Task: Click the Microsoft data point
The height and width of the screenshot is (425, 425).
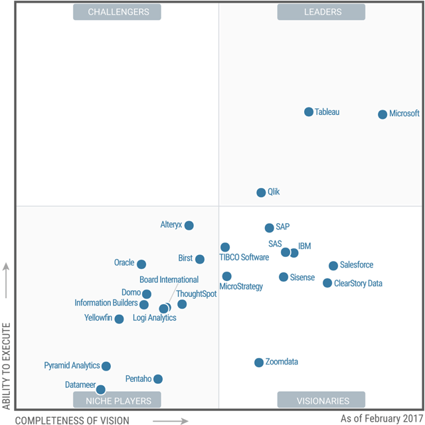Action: point(382,114)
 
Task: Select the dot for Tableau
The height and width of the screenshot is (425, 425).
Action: point(309,112)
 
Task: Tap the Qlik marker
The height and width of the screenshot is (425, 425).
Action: point(261,193)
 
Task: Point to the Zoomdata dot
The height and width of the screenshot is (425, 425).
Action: point(259,363)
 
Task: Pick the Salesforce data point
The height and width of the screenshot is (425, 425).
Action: point(333,266)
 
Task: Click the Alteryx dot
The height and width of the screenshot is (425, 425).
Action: point(189,226)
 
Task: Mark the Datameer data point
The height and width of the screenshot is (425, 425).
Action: point(101,390)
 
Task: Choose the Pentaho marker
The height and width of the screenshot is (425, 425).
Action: point(158,379)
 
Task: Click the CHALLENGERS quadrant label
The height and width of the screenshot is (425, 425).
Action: point(119,12)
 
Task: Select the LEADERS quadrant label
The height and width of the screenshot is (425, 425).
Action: point(321,12)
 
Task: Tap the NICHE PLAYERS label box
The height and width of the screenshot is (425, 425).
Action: point(118,400)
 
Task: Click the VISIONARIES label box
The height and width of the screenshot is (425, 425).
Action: point(321,400)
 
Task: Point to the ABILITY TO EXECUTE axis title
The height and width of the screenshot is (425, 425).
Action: point(7,365)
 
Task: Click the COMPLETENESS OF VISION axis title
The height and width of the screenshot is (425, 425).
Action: point(72,420)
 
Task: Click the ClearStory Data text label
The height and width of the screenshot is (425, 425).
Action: point(358,284)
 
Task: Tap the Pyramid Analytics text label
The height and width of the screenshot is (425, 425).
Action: point(72,366)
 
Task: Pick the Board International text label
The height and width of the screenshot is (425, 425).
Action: point(169,280)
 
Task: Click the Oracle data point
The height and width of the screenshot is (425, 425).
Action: point(141,264)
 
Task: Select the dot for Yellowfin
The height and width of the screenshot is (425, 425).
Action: point(119,319)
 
